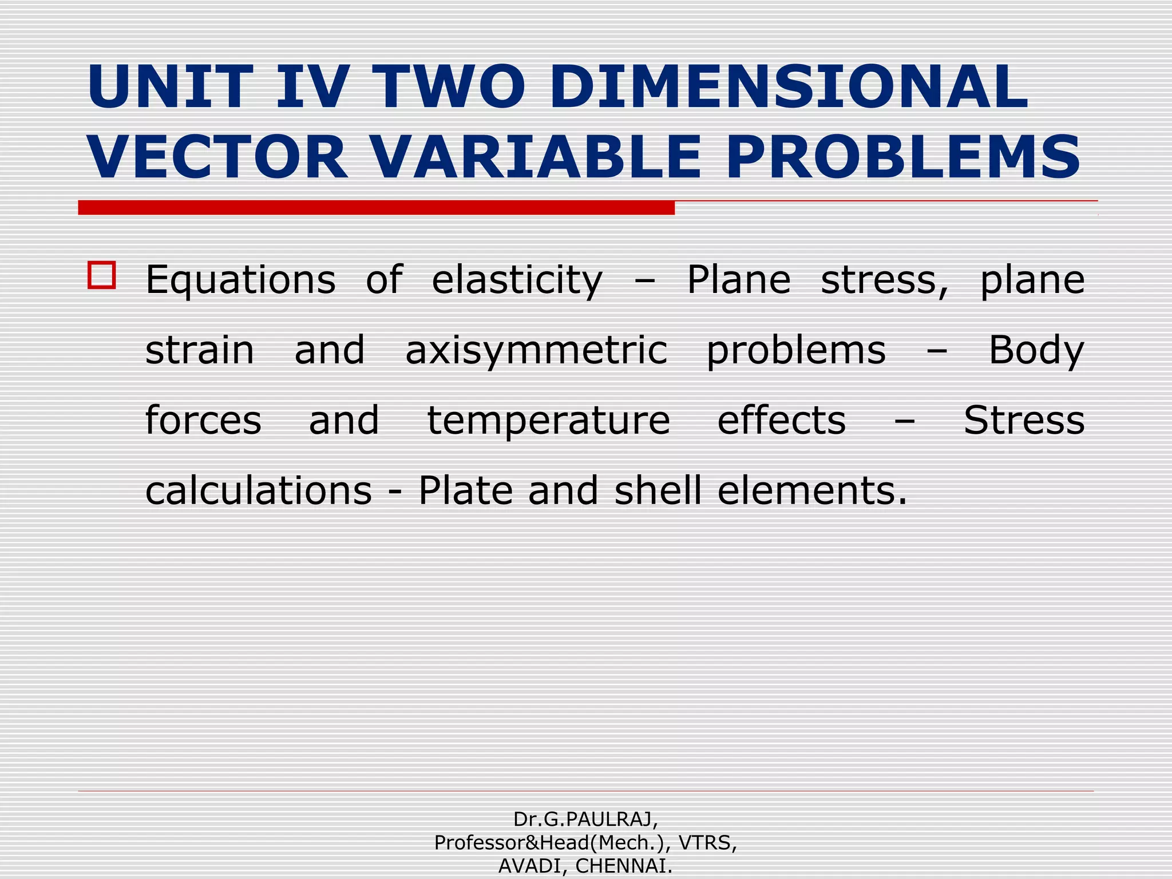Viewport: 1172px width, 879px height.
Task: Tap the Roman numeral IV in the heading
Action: pyautogui.click(x=312, y=87)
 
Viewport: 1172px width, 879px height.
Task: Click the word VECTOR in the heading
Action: pyautogui.click(x=217, y=157)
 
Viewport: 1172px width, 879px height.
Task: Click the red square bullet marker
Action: pyautogui.click(x=102, y=275)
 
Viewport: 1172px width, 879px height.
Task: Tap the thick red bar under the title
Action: pyautogui.click(x=376, y=208)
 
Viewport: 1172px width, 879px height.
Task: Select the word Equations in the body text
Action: pyautogui.click(x=240, y=280)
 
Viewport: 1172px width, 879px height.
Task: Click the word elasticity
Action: pyautogui.click(x=517, y=280)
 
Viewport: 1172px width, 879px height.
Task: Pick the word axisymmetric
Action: pyautogui.click(x=536, y=350)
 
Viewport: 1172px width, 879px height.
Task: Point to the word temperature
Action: pyautogui.click(x=548, y=421)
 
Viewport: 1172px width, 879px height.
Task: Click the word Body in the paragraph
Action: pyautogui.click(x=1036, y=350)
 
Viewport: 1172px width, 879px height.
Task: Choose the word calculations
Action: pyautogui.click(x=259, y=491)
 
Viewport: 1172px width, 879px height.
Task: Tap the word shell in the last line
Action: pyautogui.click(x=658, y=491)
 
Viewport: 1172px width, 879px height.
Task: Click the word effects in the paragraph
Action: pyautogui.click(x=781, y=421)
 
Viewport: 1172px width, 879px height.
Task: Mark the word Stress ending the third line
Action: pyautogui.click(x=1024, y=421)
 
